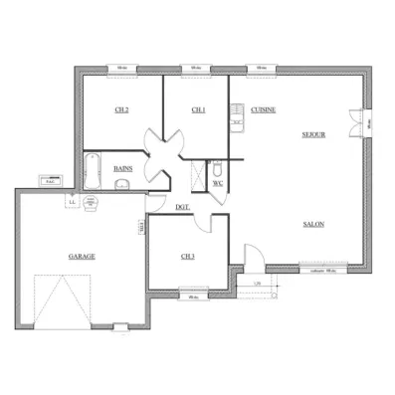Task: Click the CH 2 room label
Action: tap(122, 109)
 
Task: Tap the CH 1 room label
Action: tap(198, 109)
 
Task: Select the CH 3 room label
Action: tap(187, 256)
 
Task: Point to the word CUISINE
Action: tap(264, 109)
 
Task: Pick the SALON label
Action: tap(313, 225)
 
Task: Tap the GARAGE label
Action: tap(82, 256)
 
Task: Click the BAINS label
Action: tap(123, 169)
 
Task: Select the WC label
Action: tap(218, 184)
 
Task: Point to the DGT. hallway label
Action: tap(182, 207)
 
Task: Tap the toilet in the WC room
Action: tap(218, 169)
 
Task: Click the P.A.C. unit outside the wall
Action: tap(50, 181)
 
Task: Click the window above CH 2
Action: tap(121, 69)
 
